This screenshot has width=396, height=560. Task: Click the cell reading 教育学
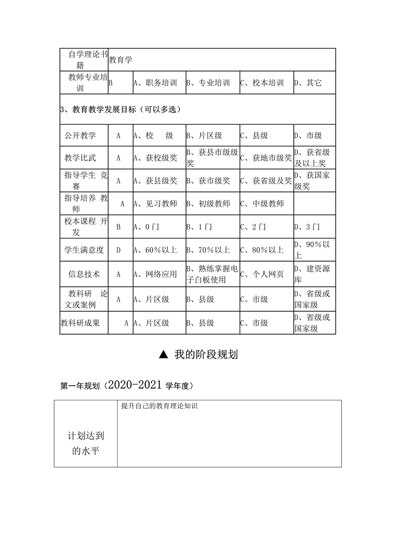(x=120, y=60)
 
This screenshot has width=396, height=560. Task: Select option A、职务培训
(x=155, y=83)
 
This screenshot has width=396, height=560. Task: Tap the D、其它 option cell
(x=308, y=83)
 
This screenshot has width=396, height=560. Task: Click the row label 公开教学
(x=80, y=135)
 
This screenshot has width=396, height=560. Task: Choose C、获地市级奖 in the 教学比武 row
(x=266, y=158)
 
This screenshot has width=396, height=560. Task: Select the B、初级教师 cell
(x=208, y=203)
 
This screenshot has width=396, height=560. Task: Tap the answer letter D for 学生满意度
(x=119, y=250)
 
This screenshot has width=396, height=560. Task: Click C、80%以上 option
(x=262, y=250)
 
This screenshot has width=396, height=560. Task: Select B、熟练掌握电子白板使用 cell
(x=212, y=274)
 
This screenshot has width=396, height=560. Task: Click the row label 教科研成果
(x=80, y=323)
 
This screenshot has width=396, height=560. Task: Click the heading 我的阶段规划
(x=206, y=354)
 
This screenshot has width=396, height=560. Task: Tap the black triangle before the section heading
(x=163, y=354)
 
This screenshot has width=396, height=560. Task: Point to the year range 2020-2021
(x=134, y=385)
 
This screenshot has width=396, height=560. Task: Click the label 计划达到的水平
(x=86, y=443)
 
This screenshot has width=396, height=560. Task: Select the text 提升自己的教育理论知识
(x=159, y=406)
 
